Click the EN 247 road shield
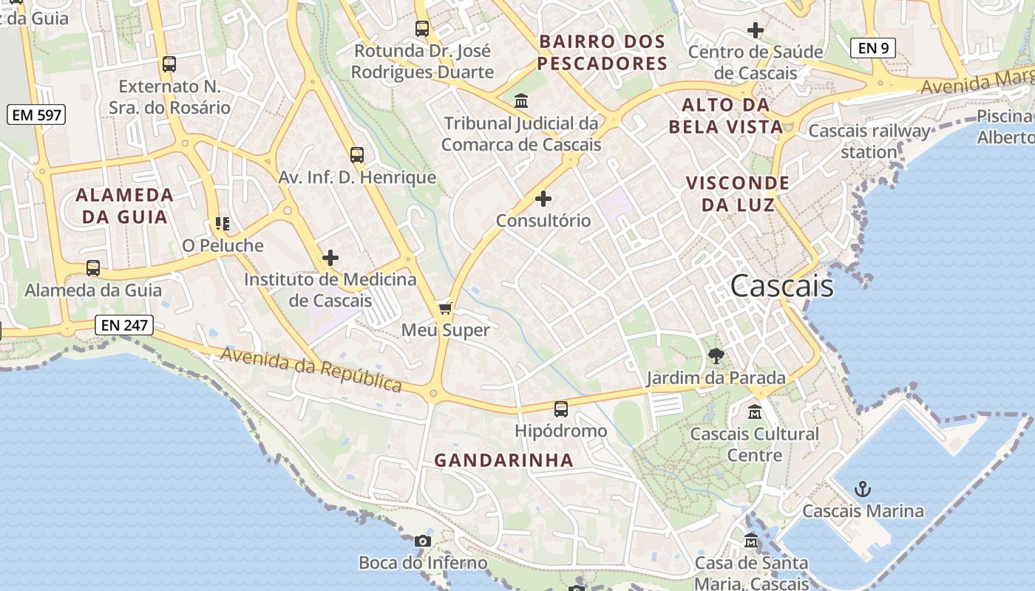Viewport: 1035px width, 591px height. pyautogui.click(x=123, y=325)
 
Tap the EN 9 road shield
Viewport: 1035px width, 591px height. pyautogui.click(x=872, y=49)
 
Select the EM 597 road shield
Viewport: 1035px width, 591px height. pyautogui.click(x=36, y=115)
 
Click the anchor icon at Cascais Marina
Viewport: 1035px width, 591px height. pyautogui.click(x=862, y=488)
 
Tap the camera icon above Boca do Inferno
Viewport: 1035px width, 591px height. pyautogui.click(x=422, y=541)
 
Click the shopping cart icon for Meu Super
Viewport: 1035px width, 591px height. pyautogui.click(x=445, y=307)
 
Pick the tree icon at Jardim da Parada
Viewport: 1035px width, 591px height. pyautogui.click(x=716, y=356)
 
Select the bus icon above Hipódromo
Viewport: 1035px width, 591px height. pyautogui.click(x=561, y=409)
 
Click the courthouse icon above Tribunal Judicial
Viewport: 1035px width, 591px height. pyautogui.click(x=521, y=100)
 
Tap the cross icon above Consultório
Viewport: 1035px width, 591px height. pyautogui.click(x=543, y=198)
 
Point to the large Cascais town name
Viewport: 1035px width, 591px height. pyautogui.click(x=781, y=287)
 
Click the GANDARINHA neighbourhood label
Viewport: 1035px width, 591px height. pyautogui.click(x=503, y=460)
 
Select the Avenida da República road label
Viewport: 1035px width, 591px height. pyautogui.click(x=311, y=369)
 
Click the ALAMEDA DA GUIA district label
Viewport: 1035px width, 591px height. pyautogui.click(x=125, y=206)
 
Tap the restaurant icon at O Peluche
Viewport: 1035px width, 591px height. pyautogui.click(x=223, y=223)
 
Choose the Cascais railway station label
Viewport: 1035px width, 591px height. pyautogui.click(x=869, y=141)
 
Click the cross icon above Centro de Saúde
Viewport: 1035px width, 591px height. pyautogui.click(x=755, y=30)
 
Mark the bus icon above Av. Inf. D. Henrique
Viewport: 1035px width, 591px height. pyautogui.click(x=357, y=155)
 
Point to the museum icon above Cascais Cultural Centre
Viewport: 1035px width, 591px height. pyautogui.click(x=755, y=411)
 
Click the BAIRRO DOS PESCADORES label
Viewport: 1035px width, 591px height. pyautogui.click(x=603, y=52)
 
